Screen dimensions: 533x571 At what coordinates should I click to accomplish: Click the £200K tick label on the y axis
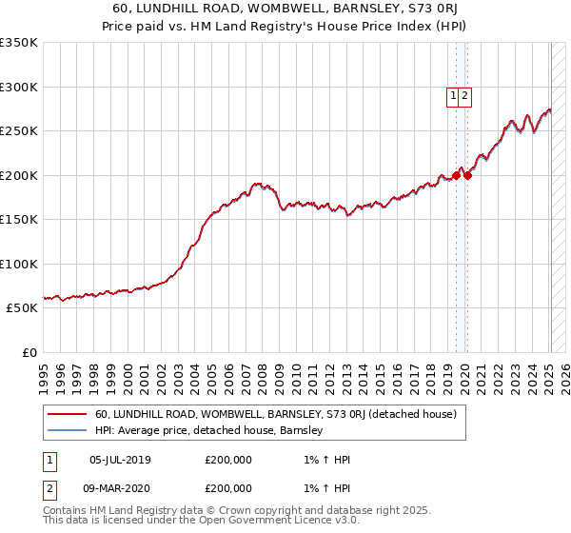(x=19, y=175)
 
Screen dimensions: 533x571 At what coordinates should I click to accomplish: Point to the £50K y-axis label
(x=22, y=308)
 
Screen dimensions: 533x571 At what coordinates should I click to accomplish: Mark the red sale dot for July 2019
(x=456, y=175)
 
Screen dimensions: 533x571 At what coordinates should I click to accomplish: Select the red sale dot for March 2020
(x=467, y=175)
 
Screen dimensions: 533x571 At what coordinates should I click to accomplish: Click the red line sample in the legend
(x=68, y=414)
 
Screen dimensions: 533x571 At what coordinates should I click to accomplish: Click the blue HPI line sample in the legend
(x=68, y=430)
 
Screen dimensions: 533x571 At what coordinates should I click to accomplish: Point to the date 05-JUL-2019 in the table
(x=120, y=460)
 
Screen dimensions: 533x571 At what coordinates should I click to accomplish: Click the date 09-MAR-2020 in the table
(x=120, y=487)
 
